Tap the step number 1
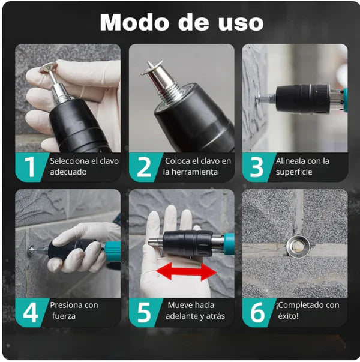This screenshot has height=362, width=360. pyautogui.click(x=30, y=167)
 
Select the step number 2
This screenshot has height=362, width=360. pyautogui.click(x=144, y=167)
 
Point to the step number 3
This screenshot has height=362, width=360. pyautogui.click(x=256, y=167)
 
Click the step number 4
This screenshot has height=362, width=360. pyautogui.click(x=31, y=312)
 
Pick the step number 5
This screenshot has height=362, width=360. pyautogui.click(x=144, y=312)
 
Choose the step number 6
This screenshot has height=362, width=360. pyautogui.click(x=257, y=312)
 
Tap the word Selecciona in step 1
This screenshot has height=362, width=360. pyautogui.click(x=70, y=161)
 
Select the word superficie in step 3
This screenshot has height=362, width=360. pyautogui.click(x=294, y=172)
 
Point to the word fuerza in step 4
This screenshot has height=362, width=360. pyautogui.click(x=64, y=316)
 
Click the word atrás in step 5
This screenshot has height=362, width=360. pyautogui.click(x=215, y=316)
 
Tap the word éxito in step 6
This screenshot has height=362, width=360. pyautogui.click(x=288, y=316)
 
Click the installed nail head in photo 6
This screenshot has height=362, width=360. pyautogui.click(x=298, y=247)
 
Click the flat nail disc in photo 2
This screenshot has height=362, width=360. pyautogui.click(x=152, y=67)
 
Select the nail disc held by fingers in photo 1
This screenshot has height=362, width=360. pyautogui.click(x=48, y=67)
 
